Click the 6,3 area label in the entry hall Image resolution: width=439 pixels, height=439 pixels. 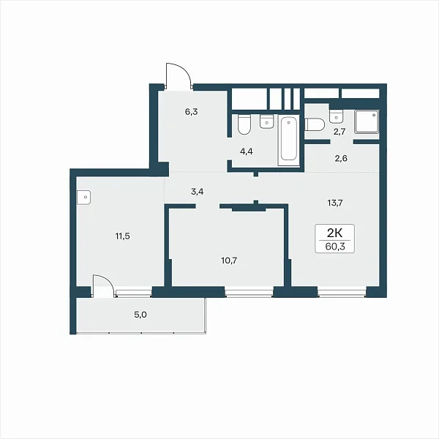click(191, 112)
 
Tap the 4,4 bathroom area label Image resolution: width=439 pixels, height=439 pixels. click(247, 151)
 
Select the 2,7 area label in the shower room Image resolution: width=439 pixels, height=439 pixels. click(339, 132)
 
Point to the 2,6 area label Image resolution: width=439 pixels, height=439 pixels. click(341, 159)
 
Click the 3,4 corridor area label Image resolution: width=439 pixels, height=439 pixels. click(197, 192)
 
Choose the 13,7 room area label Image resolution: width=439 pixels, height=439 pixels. click(335, 203)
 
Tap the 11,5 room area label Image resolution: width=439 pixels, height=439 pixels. click(123, 236)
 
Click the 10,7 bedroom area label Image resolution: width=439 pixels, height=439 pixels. click(229, 260)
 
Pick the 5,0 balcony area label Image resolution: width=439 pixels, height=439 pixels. click(140, 315)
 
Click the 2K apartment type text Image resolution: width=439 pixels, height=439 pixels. click(335, 233)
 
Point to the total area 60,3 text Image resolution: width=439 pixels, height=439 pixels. click(335, 247)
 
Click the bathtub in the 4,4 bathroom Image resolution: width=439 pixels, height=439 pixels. click(289, 140)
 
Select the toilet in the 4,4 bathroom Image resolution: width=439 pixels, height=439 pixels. click(244, 124)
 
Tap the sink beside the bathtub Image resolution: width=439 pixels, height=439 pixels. click(267, 121)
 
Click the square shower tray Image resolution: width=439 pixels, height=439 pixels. click(367, 121)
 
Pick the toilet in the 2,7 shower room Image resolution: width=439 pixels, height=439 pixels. click(315, 124)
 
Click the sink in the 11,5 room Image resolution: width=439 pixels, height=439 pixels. click(83, 198)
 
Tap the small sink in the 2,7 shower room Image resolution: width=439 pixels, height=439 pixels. click(337, 116)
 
